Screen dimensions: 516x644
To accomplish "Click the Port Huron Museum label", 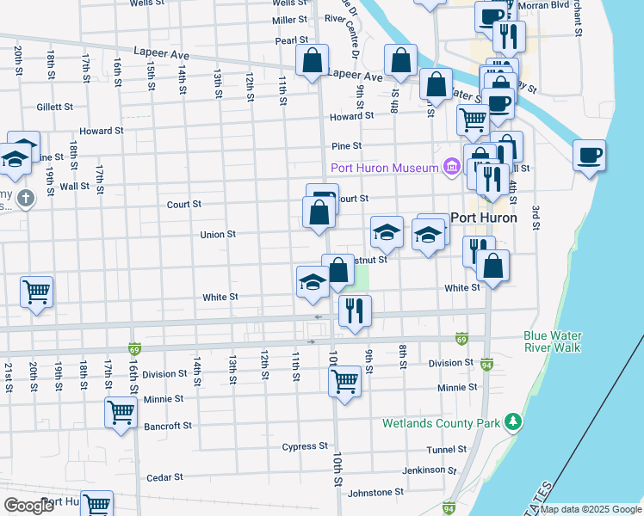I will [x=383, y=167].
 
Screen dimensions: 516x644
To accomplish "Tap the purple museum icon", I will [x=450, y=167].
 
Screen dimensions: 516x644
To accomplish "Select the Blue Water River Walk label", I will [x=552, y=341].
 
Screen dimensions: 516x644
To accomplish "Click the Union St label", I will [x=218, y=234].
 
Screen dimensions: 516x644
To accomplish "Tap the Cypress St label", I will [x=305, y=446].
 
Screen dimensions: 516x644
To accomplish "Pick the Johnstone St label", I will [x=375, y=493].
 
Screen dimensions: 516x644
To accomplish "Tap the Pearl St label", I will [x=292, y=40].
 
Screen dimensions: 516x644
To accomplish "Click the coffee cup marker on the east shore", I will [x=590, y=156].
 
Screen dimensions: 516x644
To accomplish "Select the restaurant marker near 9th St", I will [x=354, y=310].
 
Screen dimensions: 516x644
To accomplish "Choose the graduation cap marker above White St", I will [x=313, y=282].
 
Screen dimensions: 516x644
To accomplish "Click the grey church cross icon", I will [x=27, y=200].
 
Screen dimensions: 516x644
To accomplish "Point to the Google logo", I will [x=30, y=505].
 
